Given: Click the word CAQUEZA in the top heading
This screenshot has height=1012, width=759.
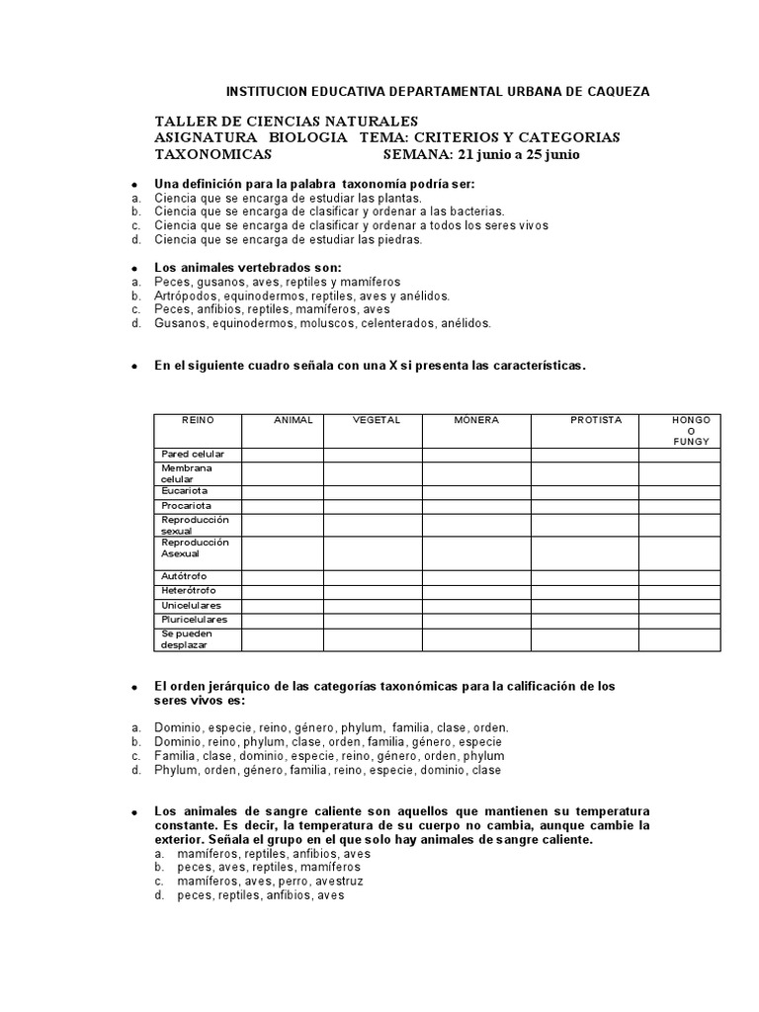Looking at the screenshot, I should coord(614,91).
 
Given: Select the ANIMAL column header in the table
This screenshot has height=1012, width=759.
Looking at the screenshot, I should coord(293,420).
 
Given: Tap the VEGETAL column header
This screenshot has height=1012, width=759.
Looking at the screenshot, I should coord(377,420).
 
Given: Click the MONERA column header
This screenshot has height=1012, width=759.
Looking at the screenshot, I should coord(476,420).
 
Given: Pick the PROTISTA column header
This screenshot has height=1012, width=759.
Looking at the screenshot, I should coord(596,420).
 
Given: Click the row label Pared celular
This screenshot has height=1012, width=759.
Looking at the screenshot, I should coord(193,454).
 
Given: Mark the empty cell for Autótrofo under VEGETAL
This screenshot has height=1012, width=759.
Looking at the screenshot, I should coord(373,576).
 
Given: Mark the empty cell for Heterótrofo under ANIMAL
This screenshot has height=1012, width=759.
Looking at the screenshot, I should coord(283,590).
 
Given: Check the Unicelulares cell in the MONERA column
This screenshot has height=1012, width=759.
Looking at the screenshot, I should coord(476,605).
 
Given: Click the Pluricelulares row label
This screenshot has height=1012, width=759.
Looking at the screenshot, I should coord(194,620).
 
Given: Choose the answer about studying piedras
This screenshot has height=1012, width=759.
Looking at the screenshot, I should coord(288,239).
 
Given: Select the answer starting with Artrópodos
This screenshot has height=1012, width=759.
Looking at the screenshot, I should coord(301,295).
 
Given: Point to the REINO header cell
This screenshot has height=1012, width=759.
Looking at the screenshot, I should coord(198,420).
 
